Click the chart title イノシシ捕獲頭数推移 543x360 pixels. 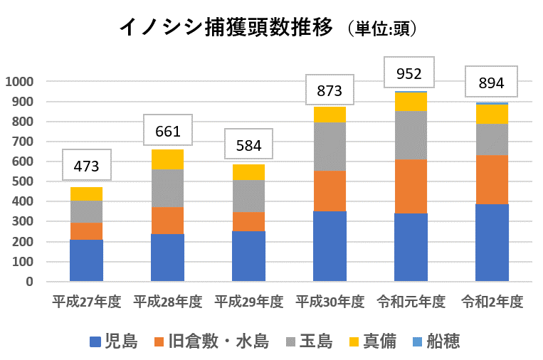pos(226,28)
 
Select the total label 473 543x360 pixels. pos(86,168)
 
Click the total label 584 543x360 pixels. pos(248,147)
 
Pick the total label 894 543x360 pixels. pos(491,83)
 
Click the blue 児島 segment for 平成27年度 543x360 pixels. pos(86,260)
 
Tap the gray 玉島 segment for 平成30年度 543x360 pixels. pos(330,147)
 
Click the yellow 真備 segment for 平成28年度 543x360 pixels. pos(167,159)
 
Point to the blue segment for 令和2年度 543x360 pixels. pos(492,243)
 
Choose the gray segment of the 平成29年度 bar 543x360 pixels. pos(248,196)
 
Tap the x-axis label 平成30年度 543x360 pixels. pos(330,302)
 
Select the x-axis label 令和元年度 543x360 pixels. pos(410,302)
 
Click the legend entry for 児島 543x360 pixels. pos(113,342)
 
